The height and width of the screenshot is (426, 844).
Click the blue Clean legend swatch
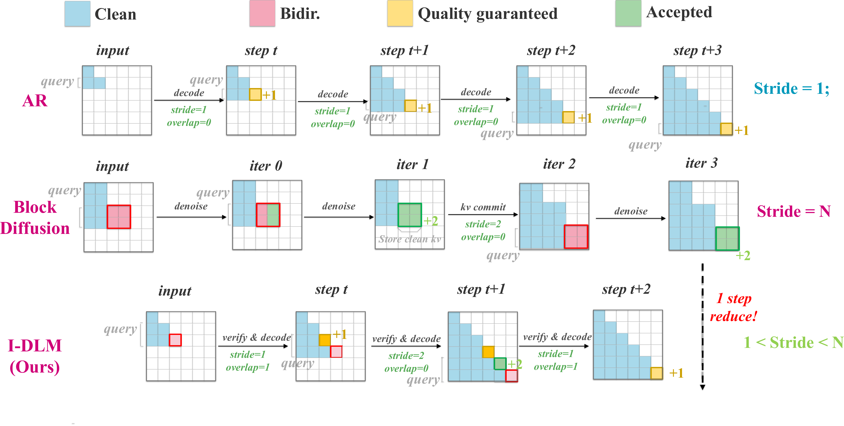point(77,14)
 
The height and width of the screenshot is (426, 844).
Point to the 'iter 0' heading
point(266,166)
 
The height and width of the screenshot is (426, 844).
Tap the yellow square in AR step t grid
point(255,95)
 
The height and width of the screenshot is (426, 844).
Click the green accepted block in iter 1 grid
point(410,215)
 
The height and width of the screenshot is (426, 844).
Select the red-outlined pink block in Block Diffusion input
point(119,217)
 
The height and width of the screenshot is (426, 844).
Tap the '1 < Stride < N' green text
point(793,342)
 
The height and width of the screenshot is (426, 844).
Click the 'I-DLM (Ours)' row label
point(35,356)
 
